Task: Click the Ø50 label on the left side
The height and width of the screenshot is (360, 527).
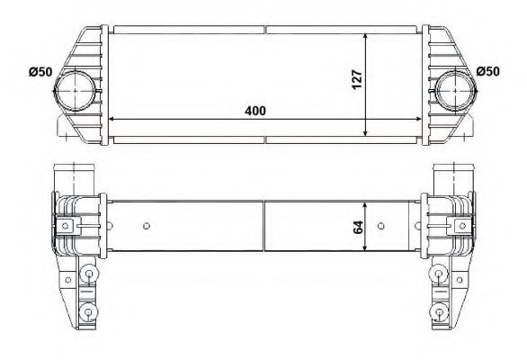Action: (40, 72)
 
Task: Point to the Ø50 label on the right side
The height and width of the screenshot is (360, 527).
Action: (487, 72)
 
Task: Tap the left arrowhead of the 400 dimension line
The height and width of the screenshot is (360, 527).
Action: (112, 119)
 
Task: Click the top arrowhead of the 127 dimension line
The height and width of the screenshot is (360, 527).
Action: (366, 37)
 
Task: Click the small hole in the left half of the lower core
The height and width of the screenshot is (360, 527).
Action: (147, 225)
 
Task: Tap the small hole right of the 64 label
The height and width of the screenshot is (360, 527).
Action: (382, 225)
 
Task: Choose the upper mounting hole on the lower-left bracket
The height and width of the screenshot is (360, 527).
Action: (88, 274)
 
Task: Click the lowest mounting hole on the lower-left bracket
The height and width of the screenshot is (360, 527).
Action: (88, 312)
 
